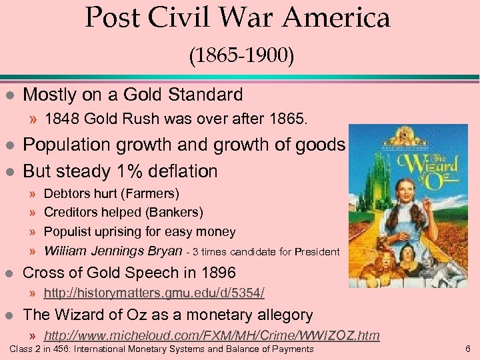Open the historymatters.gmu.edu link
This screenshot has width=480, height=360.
pyautogui.click(x=154, y=293)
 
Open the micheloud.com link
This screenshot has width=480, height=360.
pyautogui.click(x=211, y=335)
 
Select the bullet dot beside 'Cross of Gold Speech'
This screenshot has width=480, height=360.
pyautogui.click(x=8, y=273)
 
